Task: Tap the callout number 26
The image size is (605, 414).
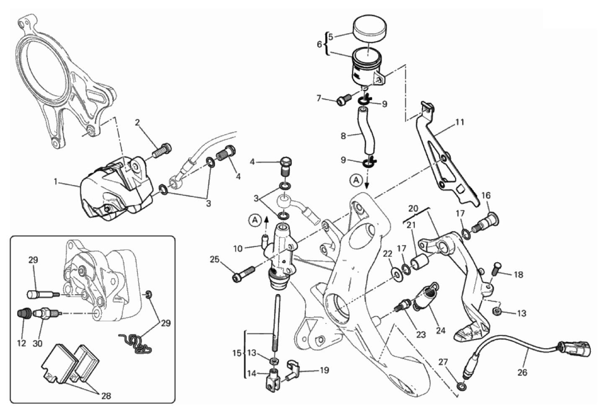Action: pos(522,372)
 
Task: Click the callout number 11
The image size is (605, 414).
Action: pos(460,122)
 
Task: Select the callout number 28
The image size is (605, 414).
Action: pos(106,396)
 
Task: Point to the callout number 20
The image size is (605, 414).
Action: pos(413,208)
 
